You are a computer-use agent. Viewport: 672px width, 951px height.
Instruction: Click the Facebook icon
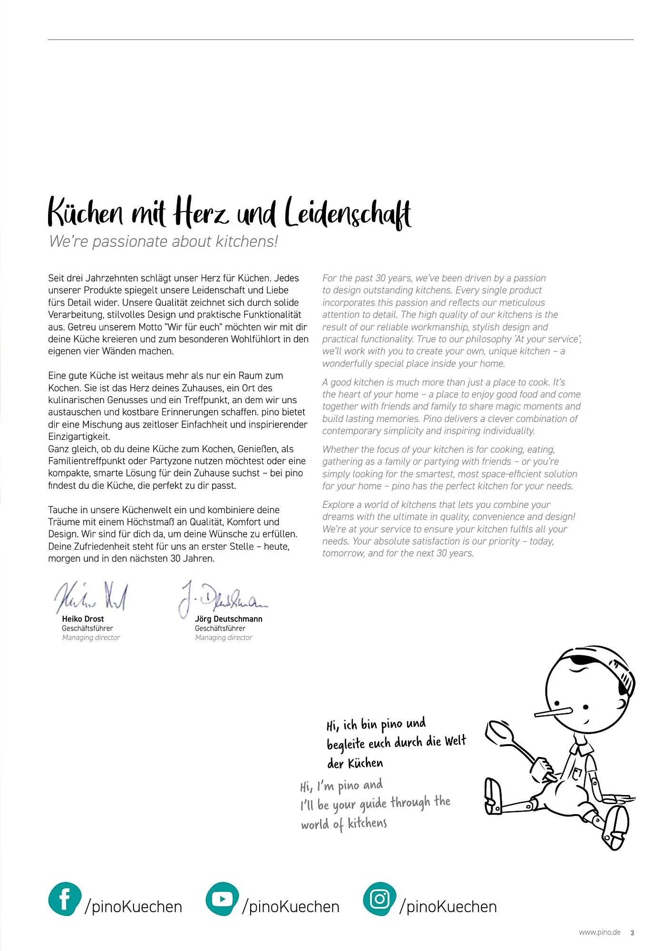tap(65, 899)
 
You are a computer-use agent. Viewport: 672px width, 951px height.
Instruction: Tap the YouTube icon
tap(222, 899)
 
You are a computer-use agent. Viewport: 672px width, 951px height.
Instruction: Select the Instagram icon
tap(379, 899)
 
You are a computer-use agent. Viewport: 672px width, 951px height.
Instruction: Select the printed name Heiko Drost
tap(83, 619)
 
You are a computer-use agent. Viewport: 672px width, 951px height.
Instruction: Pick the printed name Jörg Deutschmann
tap(228, 619)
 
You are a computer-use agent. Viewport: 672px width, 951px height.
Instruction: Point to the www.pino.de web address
tap(599, 932)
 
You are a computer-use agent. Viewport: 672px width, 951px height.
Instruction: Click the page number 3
tap(632, 933)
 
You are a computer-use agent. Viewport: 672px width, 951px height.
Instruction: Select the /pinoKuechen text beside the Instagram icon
tap(448, 907)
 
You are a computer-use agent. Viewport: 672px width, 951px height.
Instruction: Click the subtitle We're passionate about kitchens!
tap(163, 242)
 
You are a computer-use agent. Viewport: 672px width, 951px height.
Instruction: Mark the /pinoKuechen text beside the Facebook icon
tap(133, 907)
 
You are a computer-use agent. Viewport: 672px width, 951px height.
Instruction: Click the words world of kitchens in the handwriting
tap(344, 824)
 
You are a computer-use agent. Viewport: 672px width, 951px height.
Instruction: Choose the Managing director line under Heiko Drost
tap(91, 638)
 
